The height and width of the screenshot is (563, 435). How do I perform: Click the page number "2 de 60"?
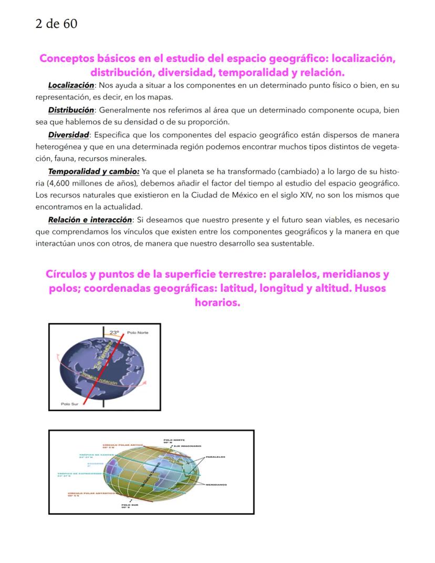(56, 24)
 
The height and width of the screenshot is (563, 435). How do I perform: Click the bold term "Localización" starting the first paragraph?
(71, 85)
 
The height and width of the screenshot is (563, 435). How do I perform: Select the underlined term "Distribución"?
(71, 110)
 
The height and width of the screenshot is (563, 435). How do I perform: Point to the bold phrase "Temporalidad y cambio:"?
(94, 172)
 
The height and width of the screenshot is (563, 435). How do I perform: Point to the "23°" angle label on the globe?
(115, 333)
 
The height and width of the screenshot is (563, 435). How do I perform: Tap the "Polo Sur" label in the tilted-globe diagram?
(69, 404)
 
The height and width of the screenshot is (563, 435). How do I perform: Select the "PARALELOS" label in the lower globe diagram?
(216, 457)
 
